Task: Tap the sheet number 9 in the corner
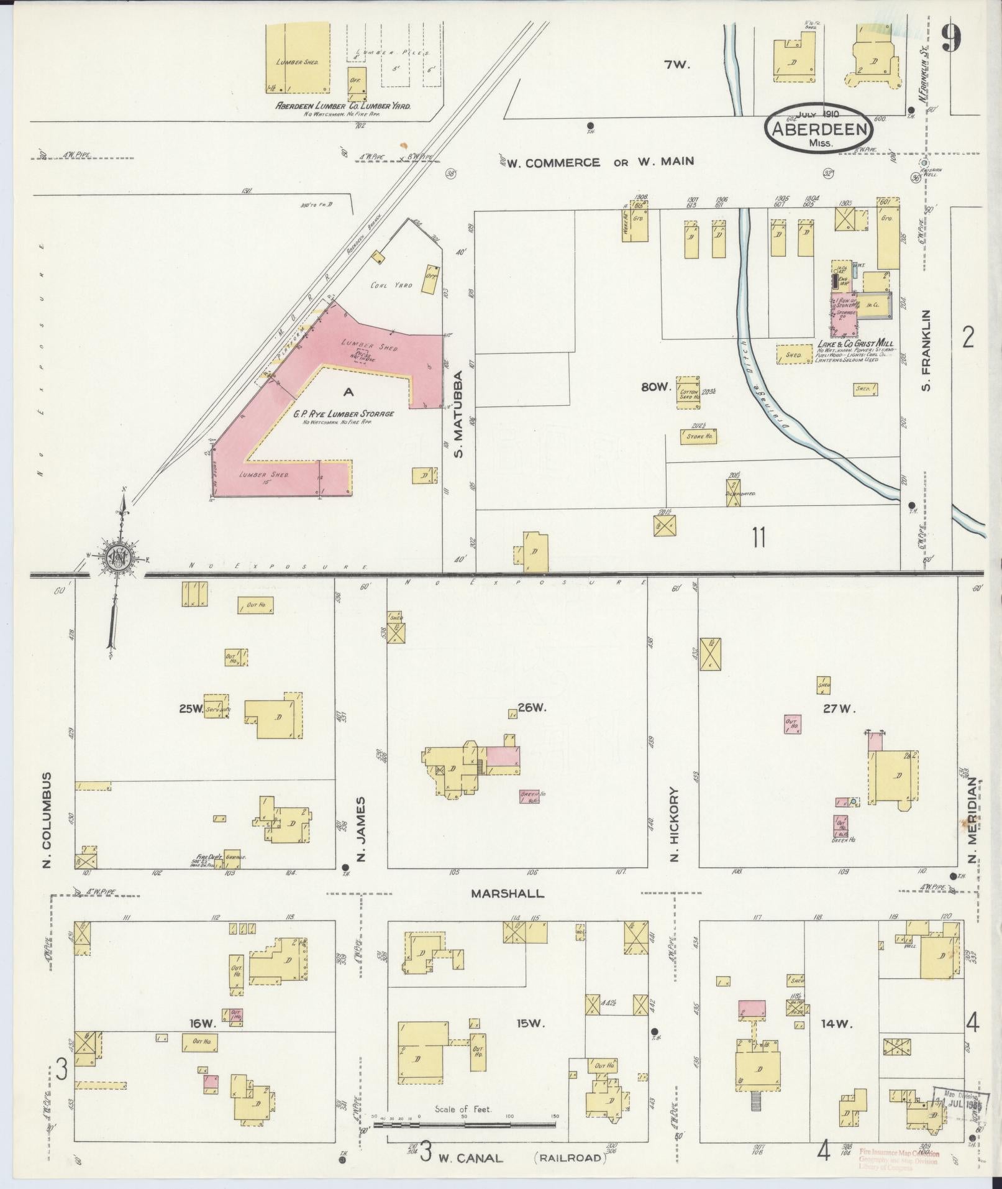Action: (x=950, y=39)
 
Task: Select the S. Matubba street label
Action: (x=459, y=415)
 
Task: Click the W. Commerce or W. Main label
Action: (x=599, y=162)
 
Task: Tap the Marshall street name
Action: (x=507, y=894)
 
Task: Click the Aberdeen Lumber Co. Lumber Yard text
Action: (x=343, y=106)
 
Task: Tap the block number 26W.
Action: (x=532, y=707)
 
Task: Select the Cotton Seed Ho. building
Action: (x=688, y=392)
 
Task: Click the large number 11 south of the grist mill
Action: (x=758, y=537)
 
